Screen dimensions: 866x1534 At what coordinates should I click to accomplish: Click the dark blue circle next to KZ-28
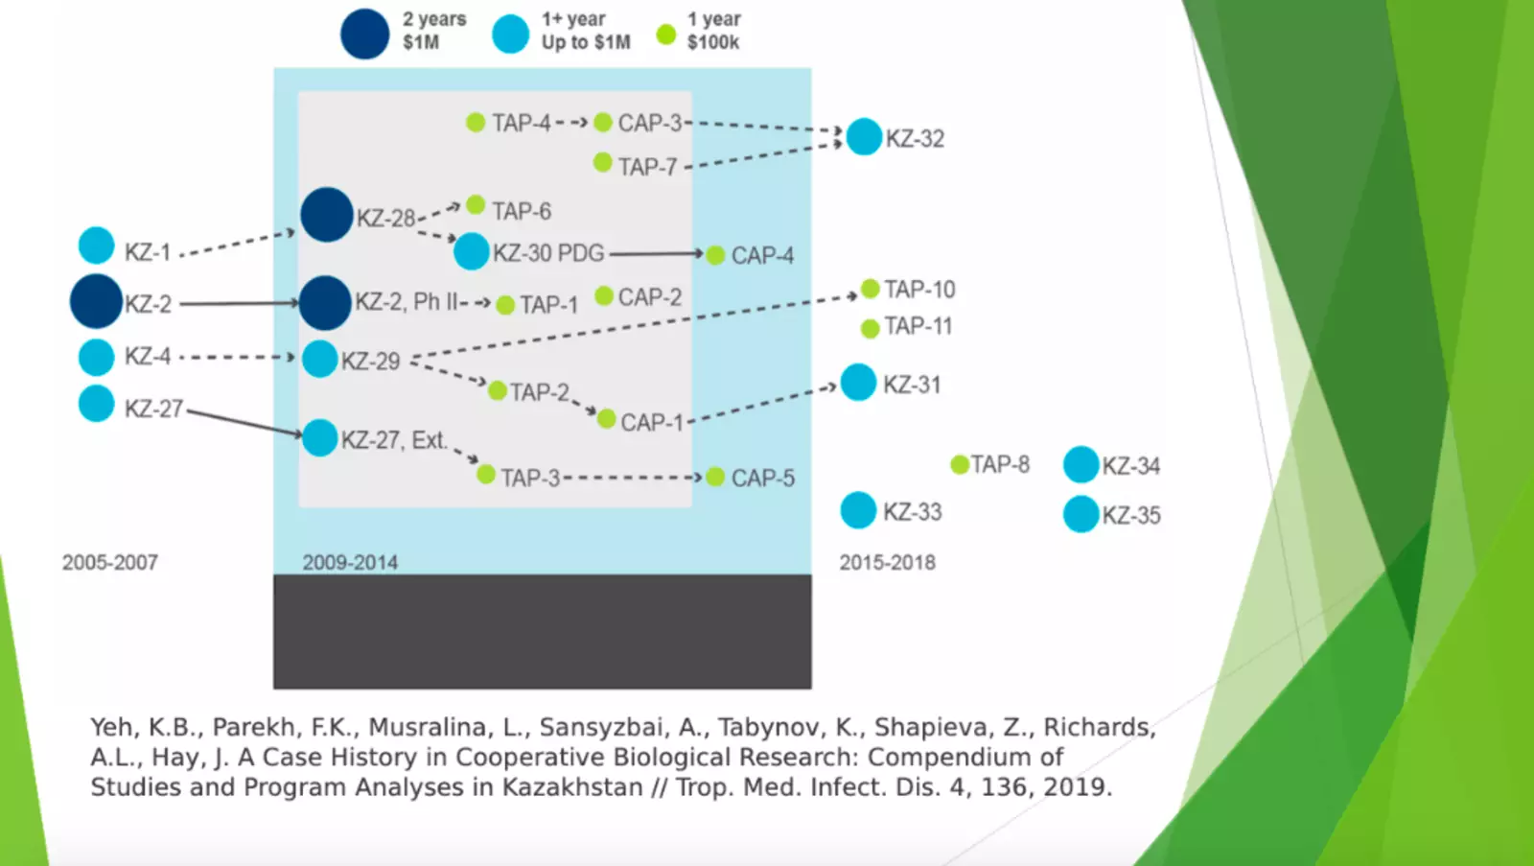(327, 214)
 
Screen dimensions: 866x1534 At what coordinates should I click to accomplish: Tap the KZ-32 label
(915, 139)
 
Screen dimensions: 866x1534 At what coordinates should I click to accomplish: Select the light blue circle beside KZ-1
(96, 246)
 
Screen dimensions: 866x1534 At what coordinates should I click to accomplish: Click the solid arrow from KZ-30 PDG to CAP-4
(656, 254)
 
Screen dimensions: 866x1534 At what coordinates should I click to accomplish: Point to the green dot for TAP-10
(870, 289)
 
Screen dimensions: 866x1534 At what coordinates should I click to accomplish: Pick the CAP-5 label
(762, 478)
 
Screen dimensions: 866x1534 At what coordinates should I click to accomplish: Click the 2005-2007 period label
(110, 563)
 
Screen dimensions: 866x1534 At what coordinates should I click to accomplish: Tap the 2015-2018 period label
(887, 563)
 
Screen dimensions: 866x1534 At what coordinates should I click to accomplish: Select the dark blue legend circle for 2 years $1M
(364, 34)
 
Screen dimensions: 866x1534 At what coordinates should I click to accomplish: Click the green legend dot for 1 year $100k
(665, 35)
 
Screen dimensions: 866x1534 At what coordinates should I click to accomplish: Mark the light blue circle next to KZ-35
(1081, 514)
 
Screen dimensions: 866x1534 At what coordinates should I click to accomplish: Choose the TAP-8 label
(1000, 465)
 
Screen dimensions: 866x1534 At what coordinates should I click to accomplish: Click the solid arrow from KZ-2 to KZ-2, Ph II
(239, 303)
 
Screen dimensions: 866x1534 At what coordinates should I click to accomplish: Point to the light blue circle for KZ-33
(858, 510)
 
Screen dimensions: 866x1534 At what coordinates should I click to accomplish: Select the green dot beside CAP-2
(604, 295)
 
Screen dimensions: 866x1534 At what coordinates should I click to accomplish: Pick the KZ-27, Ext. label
(394, 440)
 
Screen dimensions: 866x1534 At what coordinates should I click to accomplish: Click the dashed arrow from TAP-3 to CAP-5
(633, 477)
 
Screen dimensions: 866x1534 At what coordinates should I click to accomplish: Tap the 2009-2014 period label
(350, 563)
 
